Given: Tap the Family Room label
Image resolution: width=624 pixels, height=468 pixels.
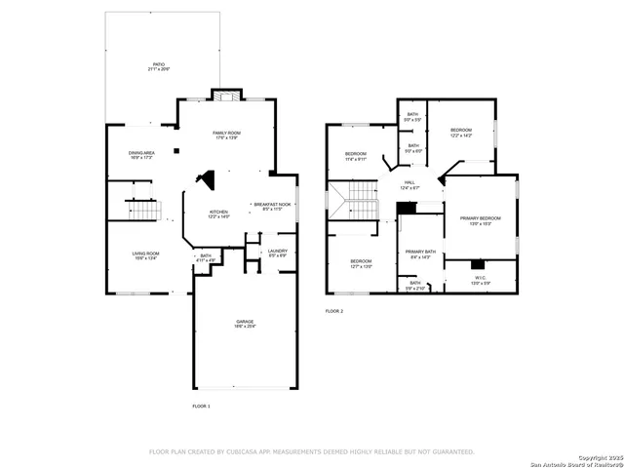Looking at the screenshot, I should pyautogui.click(x=226, y=134).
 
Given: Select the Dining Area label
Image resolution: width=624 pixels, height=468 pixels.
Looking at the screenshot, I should pyautogui.click(x=142, y=154).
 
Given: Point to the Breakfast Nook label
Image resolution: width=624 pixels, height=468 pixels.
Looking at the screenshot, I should pyautogui.click(x=272, y=206).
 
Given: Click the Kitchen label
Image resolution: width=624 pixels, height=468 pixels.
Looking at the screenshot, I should pyautogui.click(x=218, y=213).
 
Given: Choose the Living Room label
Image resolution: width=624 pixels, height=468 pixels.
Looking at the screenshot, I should pyautogui.click(x=146, y=254).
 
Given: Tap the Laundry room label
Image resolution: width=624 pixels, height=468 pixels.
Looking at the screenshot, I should pyautogui.click(x=278, y=252).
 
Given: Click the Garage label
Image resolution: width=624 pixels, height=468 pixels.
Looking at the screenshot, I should pyautogui.click(x=245, y=324).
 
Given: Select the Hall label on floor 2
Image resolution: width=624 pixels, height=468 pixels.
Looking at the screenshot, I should pyautogui.click(x=410, y=184).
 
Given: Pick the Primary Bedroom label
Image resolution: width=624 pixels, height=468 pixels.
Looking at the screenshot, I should pyautogui.click(x=480, y=219).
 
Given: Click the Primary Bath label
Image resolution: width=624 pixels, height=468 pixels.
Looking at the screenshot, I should pyautogui.click(x=420, y=253).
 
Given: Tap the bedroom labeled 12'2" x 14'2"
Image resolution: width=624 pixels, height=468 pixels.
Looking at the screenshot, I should pyautogui.click(x=461, y=132).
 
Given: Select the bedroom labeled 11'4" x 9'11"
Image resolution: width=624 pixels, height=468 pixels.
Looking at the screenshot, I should pyautogui.click(x=355, y=155).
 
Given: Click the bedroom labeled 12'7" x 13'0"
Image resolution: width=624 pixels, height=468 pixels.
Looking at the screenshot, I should pyautogui.click(x=361, y=262).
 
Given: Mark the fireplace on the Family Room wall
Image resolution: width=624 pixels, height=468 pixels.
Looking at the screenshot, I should pyautogui.click(x=226, y=96).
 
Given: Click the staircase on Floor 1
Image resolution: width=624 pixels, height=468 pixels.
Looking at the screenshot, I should pyautogui.click(x=144, y=210).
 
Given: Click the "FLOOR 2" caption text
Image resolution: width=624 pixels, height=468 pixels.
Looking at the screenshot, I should pyautogui.click(x=334, y=311).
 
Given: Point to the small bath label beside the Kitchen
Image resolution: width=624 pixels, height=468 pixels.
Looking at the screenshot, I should pyautogui.click(x=206, y=258).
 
